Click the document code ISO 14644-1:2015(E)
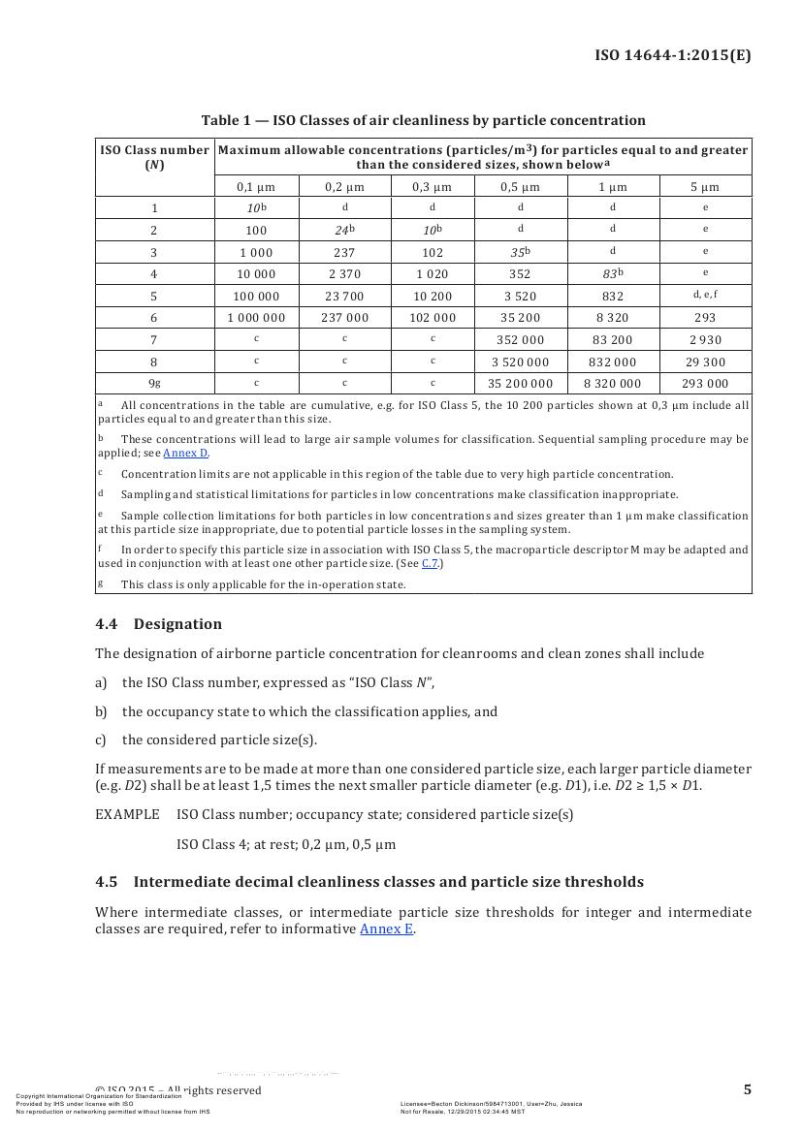(672, 54)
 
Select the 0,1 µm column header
(256, 186)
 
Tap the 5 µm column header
(705, 186)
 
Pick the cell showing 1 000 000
(256, 318)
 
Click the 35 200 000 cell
(520, 384)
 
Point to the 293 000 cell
(705, 384)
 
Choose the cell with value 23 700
(344, 296)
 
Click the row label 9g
(154, 383)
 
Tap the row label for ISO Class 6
(154, 318)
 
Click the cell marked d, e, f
(705, 295)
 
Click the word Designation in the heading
(177, 624)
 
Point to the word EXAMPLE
(127, 814)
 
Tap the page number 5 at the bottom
(747, 1089)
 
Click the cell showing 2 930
(705, 340)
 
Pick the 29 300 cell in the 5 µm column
(705, 362)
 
